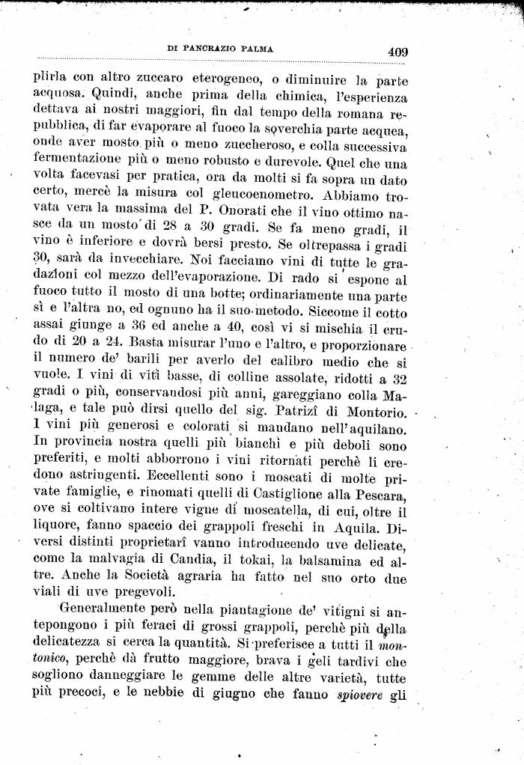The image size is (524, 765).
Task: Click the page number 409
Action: (x=397, y=52)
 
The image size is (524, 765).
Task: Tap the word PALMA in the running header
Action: (x=257, y=49)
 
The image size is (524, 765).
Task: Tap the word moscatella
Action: (x=281, y=511)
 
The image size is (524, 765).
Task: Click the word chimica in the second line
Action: (x=277, y=99)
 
